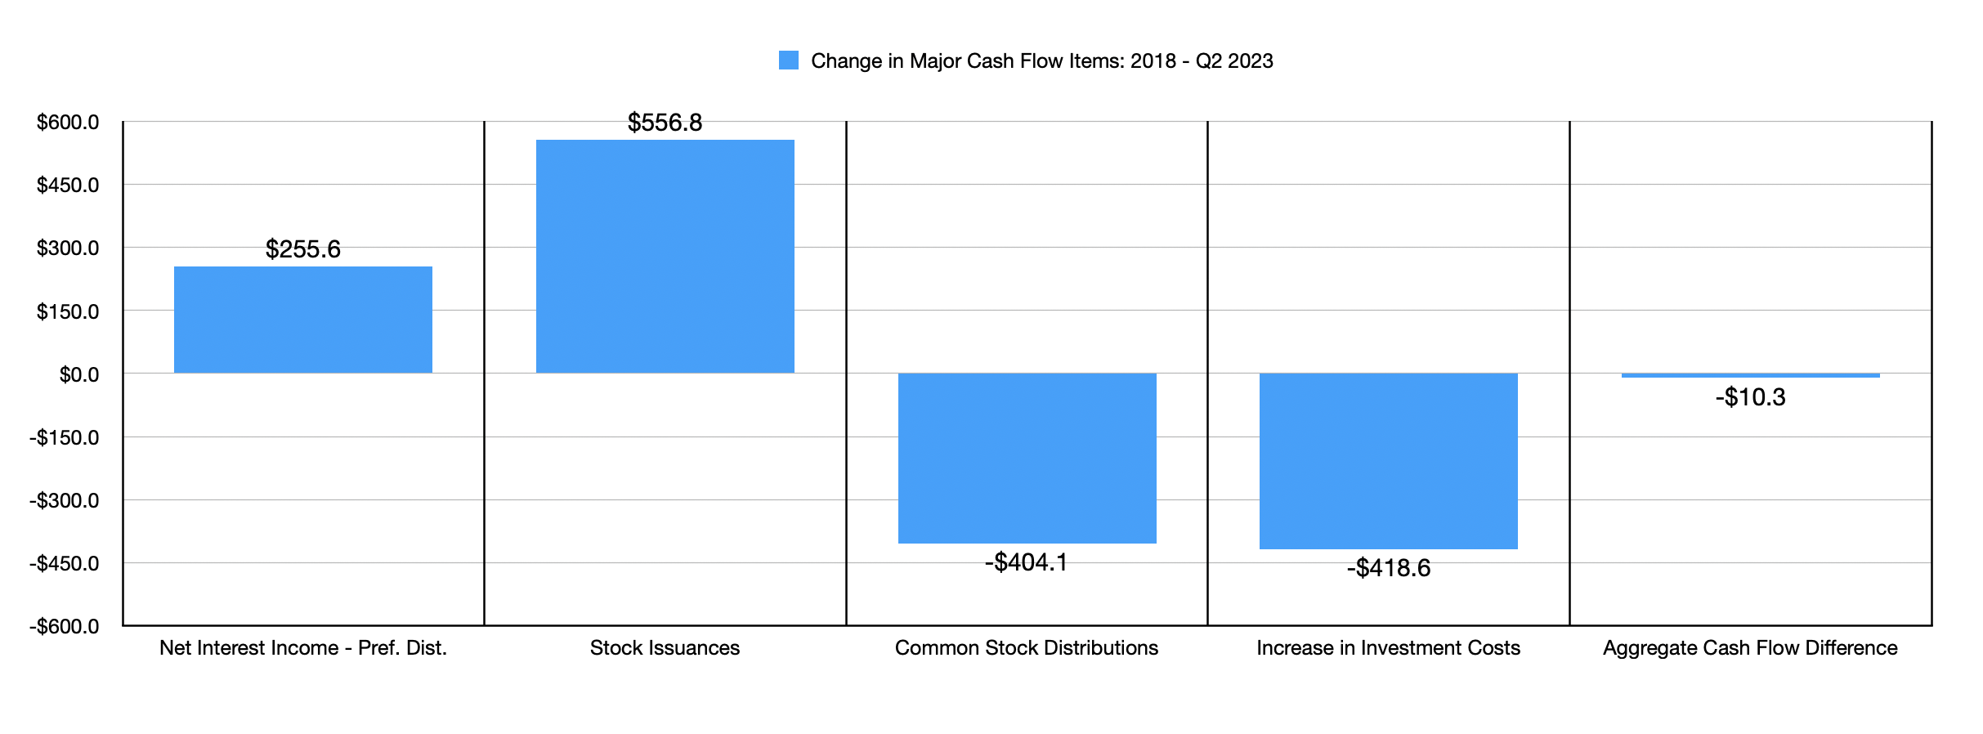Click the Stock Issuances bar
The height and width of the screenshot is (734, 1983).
(x=665, y=256)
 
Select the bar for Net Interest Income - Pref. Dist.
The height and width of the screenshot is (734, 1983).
(x=302, y=320)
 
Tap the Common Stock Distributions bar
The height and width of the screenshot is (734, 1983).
(x=1027, y=458)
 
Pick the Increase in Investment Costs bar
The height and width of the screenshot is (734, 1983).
(x=1388, y=461)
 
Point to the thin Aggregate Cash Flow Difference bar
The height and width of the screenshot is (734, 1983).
(x=1750, y=375)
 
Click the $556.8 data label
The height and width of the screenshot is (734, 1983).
(x=665, y=123)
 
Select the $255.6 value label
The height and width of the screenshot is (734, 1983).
(x=302, y=249)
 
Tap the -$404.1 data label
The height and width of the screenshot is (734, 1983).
(x=1026, y=562)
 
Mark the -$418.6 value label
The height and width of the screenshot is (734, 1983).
(x=1388, y=568)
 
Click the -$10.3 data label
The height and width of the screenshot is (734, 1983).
(x=1750, y=397)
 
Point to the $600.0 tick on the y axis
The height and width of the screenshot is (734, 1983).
(x=68, y=123)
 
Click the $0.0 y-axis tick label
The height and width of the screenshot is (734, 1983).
(x=78, y=374)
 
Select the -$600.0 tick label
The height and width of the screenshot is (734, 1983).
(x=65, y=627)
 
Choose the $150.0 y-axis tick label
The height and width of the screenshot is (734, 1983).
(x=68, y=311)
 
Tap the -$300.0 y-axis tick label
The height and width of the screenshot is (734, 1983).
(x=65, y=500)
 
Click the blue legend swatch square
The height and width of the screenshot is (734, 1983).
(x=788, y=60)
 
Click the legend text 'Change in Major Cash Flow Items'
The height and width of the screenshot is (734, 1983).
(x=1041, y=61)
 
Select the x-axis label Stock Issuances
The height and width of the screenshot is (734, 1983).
(x=665, y=648)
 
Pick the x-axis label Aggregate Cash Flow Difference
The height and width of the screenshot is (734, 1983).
(x=1750, y=648)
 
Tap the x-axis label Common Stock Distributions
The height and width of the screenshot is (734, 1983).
(x=1026, y=648)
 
